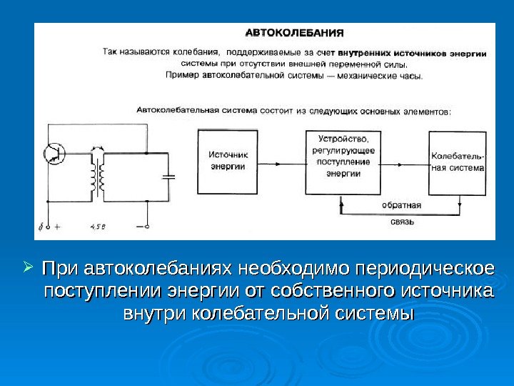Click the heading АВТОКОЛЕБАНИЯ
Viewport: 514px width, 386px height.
point(295,32)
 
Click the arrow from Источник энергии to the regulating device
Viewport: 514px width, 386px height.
point(281,162)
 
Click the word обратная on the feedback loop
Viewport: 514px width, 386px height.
point(401,205)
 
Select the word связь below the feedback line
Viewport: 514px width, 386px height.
point(400,222)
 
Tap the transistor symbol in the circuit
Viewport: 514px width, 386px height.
point(54,152)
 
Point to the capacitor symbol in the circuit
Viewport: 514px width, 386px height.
point(169,176)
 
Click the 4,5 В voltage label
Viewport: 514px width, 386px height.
point(98,228)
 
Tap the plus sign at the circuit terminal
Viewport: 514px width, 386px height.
point(56,228)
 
